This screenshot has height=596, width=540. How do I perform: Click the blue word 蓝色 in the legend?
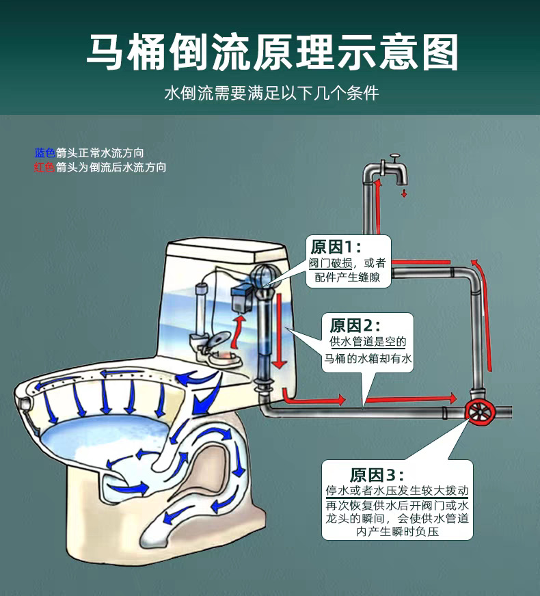click(x=44, y=152)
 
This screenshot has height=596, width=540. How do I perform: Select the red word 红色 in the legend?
click(x=44, y=166)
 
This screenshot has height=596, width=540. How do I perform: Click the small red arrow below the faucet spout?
click(x=404, y=193)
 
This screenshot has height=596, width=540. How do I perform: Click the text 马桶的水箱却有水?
click(x=368, y=358)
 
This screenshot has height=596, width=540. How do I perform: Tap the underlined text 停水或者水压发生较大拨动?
click(x=396, y=491)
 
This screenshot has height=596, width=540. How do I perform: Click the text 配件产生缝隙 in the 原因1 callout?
click(x=352, y=277)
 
